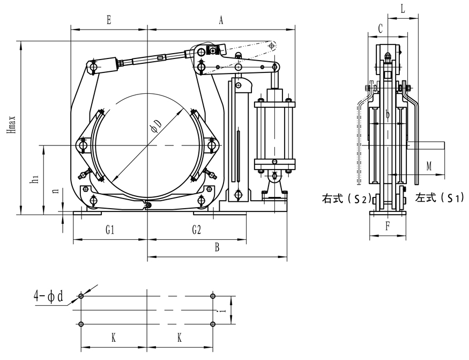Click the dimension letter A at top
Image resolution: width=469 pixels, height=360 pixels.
point(221,20)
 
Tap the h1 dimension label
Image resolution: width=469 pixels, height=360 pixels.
point(34,179)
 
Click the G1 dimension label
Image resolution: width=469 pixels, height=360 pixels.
point(110,230)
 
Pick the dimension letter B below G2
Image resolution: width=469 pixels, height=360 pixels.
point(217,248)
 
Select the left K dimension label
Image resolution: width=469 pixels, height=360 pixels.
point(113,339)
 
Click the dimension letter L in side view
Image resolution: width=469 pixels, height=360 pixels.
point(402,9)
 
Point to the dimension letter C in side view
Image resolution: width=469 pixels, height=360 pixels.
point(380,28)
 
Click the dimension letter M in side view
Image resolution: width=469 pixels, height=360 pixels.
point(429,166)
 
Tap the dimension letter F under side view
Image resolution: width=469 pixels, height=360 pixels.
point(387,226)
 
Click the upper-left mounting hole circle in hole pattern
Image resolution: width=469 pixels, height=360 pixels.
point(81,296)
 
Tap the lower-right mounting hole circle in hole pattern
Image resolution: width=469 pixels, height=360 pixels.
point(213,324)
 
